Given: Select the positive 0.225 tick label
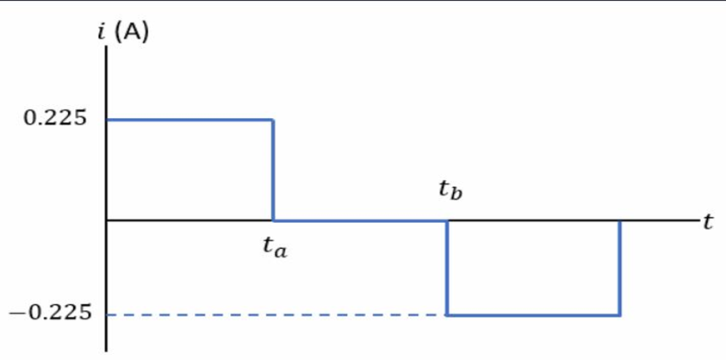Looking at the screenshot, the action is pyautogui.click(x=54, y=119).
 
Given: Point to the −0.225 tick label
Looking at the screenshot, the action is pyautogui.click(x=50, y=313).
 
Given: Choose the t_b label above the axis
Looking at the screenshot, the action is pyautogui.click(x=450, y=189).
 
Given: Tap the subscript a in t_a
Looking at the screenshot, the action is pyautogui.click(x=280, y=251).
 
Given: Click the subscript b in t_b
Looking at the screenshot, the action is pyautogui.click(x=456, y=194).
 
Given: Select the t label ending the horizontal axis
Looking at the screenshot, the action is pyautogui.click(x=707, y=223).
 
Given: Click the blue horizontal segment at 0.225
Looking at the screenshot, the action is pyautogui.click(x=189, y=120).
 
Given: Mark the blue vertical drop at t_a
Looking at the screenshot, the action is pyautogui.click(x=273, y=170).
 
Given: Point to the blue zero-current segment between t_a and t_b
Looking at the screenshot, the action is pyautogui.click(x=360, y=220).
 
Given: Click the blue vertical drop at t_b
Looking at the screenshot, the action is pyautogui.click(x=447, y=268).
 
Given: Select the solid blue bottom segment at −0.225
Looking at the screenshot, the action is pyautogui.click(x=533, y=315).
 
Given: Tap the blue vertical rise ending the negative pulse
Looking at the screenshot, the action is pyautogui.click(x=619, y=268).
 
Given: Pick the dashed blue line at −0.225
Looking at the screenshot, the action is pyautogui.click(x=276, y=315).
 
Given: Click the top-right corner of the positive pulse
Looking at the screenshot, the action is pyautogui.click(x=273, y=120).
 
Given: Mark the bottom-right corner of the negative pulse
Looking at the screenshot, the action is pyautogui.click(x=619, y=315).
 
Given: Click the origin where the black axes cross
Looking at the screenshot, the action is pyautogui.click(x=107, y=220).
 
